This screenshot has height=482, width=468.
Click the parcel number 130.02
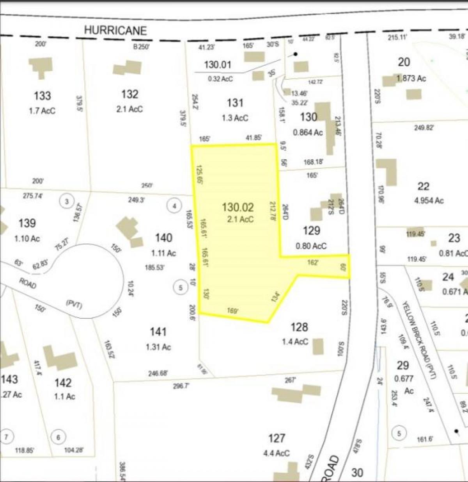pos(238,207)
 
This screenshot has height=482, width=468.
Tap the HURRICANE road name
pos(115,30)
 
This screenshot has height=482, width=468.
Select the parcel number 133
pos(42,96)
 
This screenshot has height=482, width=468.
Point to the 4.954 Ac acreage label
pos(424,201)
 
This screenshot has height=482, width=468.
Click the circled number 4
pos(174,205)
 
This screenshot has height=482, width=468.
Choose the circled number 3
pos(67,201)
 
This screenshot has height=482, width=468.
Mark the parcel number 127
pos(277,438)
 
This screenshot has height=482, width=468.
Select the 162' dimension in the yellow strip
pos(313,262)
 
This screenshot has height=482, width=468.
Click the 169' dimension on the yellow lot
pos(233,311)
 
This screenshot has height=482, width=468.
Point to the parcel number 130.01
pos(218,64)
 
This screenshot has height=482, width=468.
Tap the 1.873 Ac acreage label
pos(411,79)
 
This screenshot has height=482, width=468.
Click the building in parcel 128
pos(318,346)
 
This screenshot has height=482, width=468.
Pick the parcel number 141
pos(158,332)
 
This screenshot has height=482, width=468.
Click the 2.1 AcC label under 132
pos(129,109)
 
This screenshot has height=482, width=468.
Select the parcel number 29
pos(402,365)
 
